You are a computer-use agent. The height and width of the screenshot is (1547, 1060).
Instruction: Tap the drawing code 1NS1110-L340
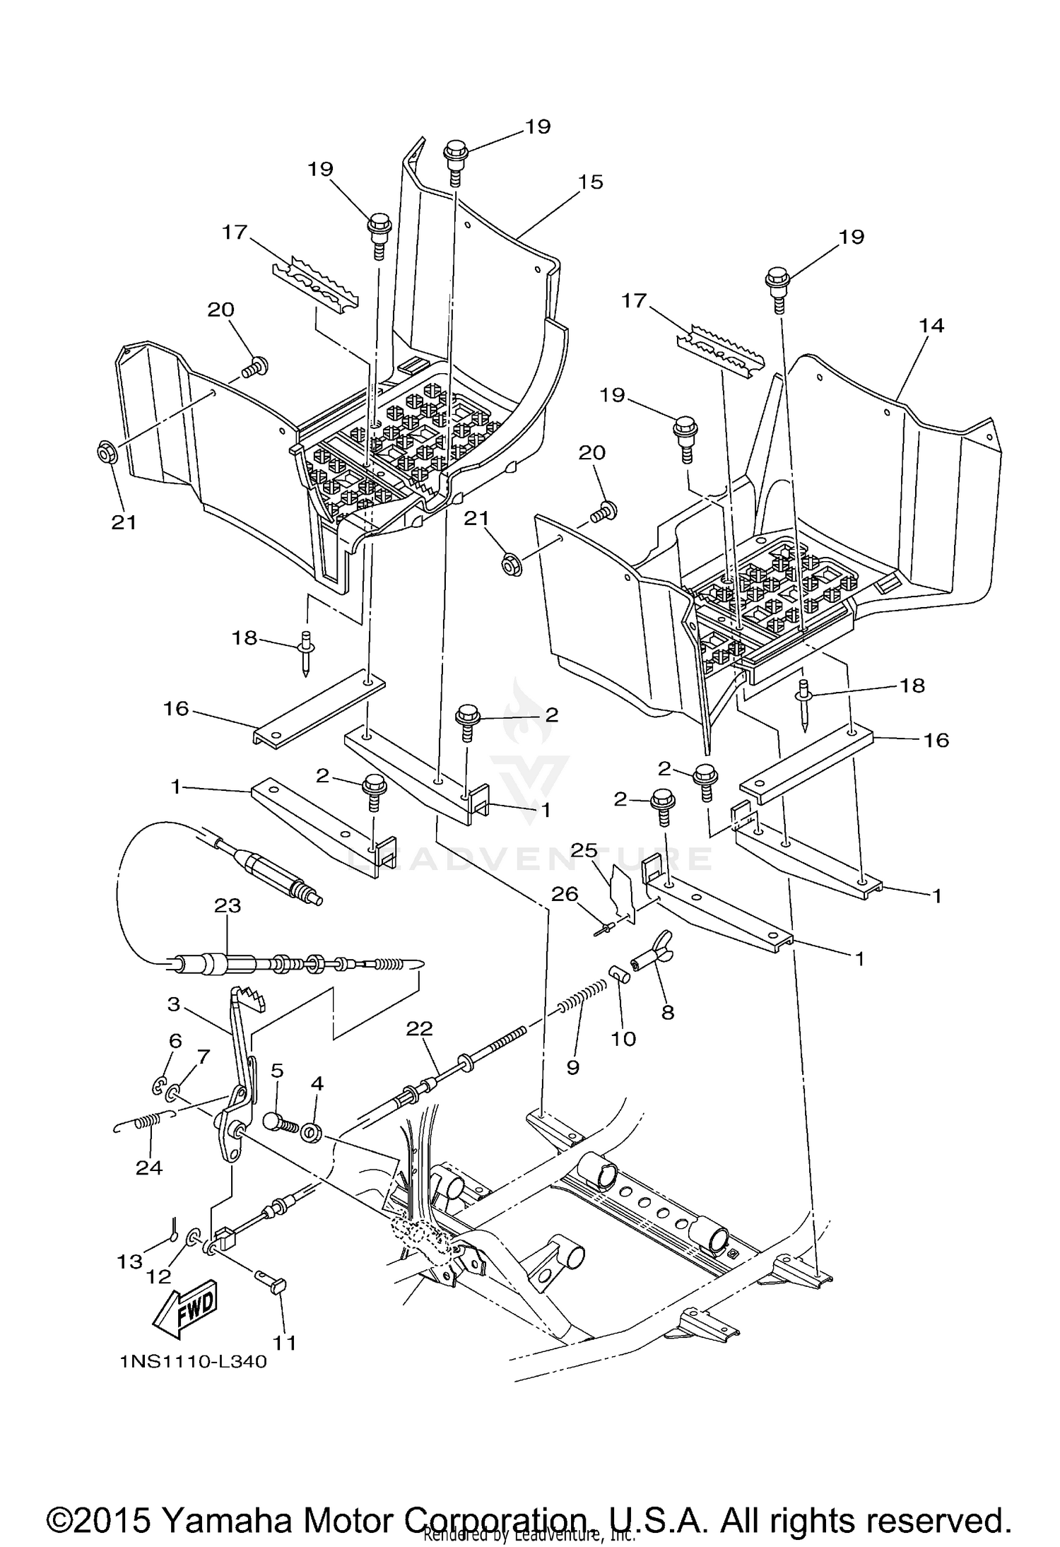[x=193, y=1362]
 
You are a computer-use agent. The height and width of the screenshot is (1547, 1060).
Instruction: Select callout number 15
[x=591, y=182]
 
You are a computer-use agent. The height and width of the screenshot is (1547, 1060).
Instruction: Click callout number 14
[x=931, y=326]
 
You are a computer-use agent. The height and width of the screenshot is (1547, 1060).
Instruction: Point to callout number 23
[x=228, y=905]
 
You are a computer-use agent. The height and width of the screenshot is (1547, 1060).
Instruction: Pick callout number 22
[x=419, y=1028]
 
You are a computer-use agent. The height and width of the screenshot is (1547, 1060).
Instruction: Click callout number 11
[x=285, y=1342]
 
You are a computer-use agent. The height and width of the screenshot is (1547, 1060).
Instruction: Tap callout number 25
[x=584, y=849]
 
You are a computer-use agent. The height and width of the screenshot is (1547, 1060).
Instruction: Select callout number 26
[x=565, y=894]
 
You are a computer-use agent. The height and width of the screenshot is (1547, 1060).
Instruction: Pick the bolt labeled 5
[x=278, y=1122]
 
